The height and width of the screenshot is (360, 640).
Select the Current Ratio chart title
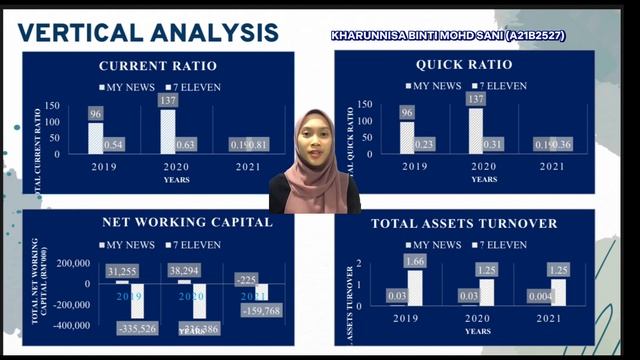158,66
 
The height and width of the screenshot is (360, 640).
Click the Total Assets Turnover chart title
465,223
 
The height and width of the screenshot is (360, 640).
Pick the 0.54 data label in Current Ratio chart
113,146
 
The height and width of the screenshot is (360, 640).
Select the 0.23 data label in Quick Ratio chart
424,146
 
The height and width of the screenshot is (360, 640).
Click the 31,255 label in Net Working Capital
121,271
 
